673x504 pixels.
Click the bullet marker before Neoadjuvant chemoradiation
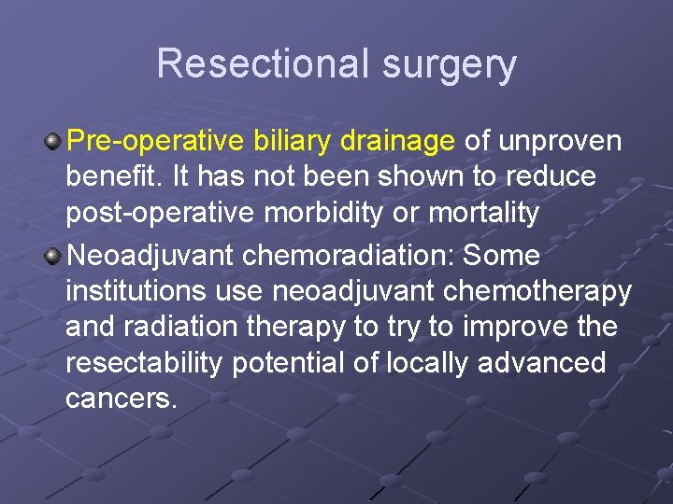pyautogui.click(x=54, y=255)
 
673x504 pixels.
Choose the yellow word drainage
pyautogui.click(x=398, y=143)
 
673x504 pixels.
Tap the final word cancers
pyautogui.click(x=121, y=399)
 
